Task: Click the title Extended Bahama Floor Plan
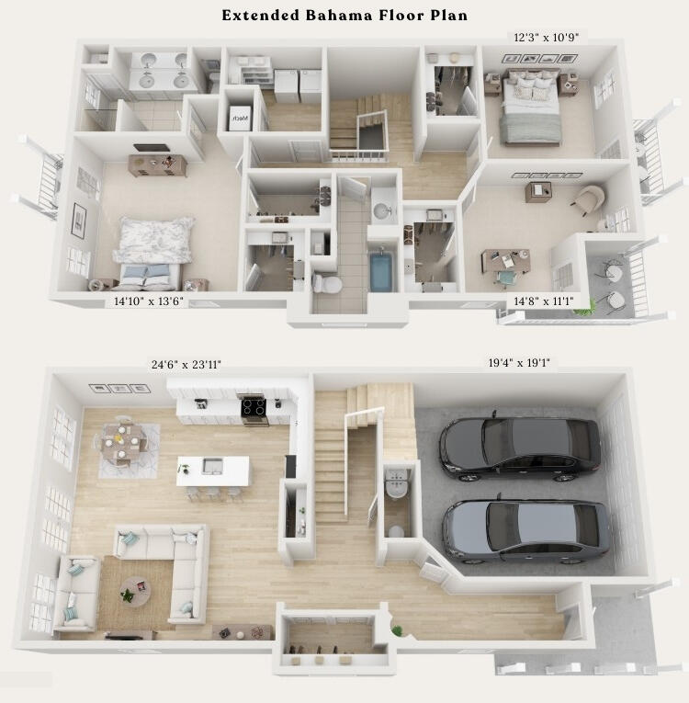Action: pos(344,16)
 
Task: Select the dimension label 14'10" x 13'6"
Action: pos(151,300)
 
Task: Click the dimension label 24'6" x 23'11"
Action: pos(186,365)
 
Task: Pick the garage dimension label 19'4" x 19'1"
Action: pos(520,363)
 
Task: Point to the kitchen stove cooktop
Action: pos(254,405)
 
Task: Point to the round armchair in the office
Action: pos(589,199)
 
